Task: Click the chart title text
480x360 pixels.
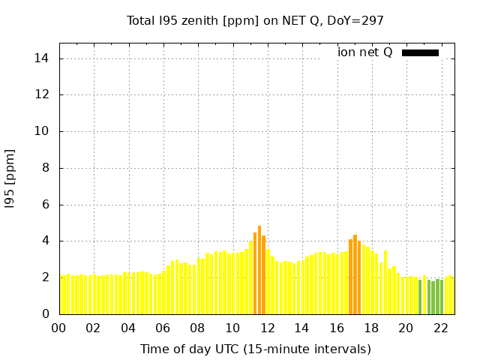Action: pos(255,20)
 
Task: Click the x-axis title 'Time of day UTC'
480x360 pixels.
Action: pos(255,349)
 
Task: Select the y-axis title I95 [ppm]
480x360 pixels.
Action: pos(10,178)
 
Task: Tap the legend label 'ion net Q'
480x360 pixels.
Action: pos(364,52)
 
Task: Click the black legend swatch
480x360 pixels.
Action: pos(420,52)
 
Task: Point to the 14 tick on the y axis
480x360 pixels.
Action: pos(43,58)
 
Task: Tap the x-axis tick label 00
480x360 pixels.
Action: pos(58,328)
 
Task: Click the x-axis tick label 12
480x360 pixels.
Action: pos(267,328)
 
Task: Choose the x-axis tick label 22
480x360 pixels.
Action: pos(440,328)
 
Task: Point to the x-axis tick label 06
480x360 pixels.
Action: pos(163,328)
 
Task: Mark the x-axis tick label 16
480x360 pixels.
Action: pos(337,328)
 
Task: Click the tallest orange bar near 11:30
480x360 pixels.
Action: pos(259,270)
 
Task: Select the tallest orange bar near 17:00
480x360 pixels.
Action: pos(355,274)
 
